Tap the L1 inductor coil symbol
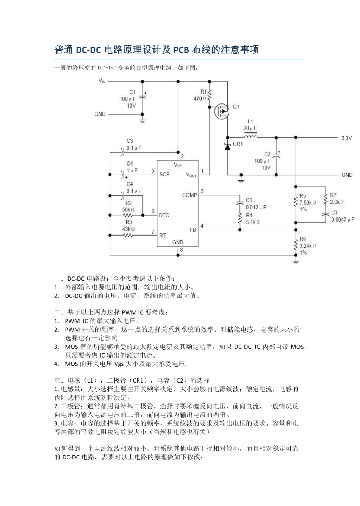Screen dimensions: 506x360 click(250, 136)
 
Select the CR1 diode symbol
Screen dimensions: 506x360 click(227, 147)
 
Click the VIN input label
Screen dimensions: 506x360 click(102, 81)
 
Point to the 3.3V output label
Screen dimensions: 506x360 click(346, 138)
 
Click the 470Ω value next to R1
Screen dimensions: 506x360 click(200, 99)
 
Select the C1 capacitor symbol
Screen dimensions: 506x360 click(142, 97)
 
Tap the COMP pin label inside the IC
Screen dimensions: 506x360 click(189, 195)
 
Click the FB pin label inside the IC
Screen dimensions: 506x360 click(193, 230)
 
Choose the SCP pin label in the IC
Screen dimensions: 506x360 click(164, 175)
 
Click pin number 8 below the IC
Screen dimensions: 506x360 click(182, 250)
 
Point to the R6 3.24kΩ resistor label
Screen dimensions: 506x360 click(307, 245)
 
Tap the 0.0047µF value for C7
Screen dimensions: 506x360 click(343, 220)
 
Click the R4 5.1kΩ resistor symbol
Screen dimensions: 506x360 click(239, 219)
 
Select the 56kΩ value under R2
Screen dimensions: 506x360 click(128, 209)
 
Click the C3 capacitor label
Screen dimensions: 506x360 click(130, 141)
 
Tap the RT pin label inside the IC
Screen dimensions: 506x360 click(163, 236)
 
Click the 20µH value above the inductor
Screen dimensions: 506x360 click(250, 128)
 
